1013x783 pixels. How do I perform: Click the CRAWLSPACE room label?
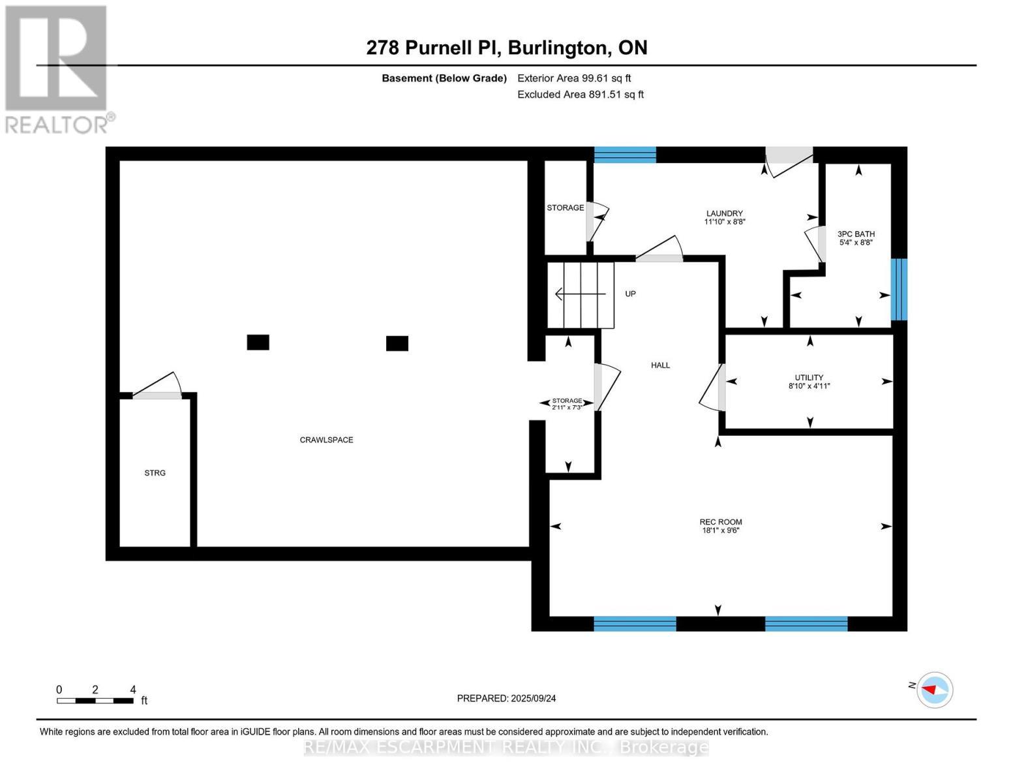tap(326, 440)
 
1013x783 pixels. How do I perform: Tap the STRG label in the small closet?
tap(155, 473)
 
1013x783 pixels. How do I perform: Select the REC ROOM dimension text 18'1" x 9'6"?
tap(721, 530)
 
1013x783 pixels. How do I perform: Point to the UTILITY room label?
tap(809, 377)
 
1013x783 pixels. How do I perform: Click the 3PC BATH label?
tap(856, 234)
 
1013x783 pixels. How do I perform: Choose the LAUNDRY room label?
tap(724, 213)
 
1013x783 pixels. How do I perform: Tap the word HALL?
tap(660, 365)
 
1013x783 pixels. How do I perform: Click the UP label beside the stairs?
tap(630, 294)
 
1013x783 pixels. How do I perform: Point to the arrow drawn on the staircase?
tap(580, 294)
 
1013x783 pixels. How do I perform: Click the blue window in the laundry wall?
tap(625, 155)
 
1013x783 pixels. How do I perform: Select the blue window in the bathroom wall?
tap(900, 289)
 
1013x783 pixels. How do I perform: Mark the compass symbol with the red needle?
tap(934, 690)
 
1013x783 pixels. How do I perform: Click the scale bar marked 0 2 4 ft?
tap(95, 701)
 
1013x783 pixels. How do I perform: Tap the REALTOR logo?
tap(59, 70)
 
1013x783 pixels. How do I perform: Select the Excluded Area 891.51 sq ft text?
tap(581, 94)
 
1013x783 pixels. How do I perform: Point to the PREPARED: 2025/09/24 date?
tap(506, 698)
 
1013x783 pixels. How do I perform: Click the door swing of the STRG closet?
tap(158, 385)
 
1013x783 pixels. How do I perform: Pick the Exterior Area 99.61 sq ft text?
tap(574, 78)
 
